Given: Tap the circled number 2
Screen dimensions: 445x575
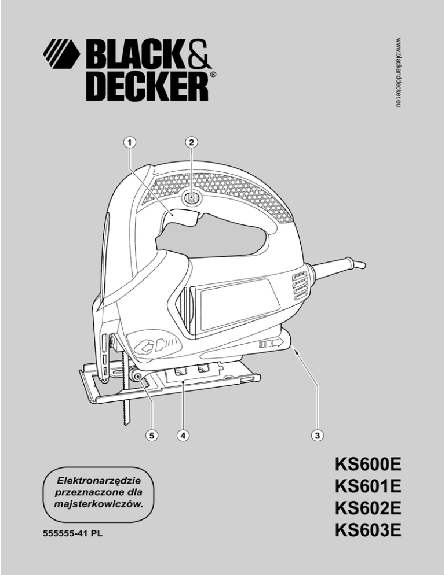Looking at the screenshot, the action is click(x=191, y=141).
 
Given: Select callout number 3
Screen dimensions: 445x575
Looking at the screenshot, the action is click(x=318, y=434).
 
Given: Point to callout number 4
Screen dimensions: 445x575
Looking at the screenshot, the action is click(x=183, y=434).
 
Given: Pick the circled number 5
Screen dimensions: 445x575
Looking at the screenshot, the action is click(x=151, y=434).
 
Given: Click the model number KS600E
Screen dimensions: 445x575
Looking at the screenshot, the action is click(x=368, y=466).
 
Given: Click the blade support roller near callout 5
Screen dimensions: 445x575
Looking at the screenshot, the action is click(x=140, y=377).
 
